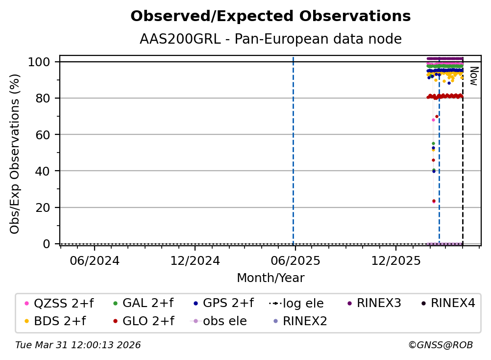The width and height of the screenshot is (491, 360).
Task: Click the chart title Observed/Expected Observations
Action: tap(270, 16)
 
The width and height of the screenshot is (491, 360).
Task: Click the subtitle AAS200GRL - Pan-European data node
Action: tap(270, 39)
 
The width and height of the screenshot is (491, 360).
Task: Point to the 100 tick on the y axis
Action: tap(39, 62)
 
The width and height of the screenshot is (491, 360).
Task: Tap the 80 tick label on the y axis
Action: tap(43, 99)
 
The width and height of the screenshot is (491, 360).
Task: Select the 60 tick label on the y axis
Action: tap(43, 135)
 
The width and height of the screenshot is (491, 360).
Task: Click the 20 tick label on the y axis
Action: tap(43, 207)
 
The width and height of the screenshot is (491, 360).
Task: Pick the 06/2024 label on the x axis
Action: tap(95, 260)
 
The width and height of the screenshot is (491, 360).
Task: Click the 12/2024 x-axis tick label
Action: tap(195, 260)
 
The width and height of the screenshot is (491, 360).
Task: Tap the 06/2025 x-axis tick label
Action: tap(295, 260)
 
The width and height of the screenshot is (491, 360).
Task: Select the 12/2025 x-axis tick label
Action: tap(396, 260)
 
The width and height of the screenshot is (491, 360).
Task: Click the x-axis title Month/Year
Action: tap(270, 278)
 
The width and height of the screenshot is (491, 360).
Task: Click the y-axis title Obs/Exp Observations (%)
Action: tap(15, 154)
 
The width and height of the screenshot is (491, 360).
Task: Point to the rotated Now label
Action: tap(474, 76)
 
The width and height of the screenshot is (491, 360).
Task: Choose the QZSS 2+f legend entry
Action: tap(59, 303)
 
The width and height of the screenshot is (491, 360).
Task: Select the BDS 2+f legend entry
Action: tap(55, 321)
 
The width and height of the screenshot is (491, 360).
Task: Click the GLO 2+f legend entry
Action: tap(144, 321)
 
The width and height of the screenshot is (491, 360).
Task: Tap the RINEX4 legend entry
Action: tap(448, 303)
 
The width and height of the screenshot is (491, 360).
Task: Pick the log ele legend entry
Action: tap(296, 303)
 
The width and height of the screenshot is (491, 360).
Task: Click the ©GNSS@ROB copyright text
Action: tap(441, 345)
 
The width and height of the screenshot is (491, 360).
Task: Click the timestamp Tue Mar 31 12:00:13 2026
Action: tap(78, 345)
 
